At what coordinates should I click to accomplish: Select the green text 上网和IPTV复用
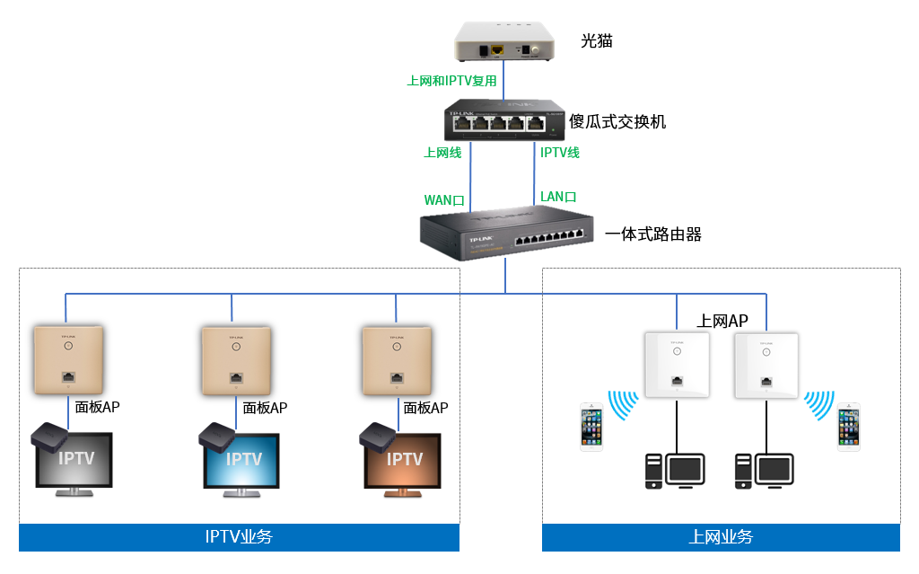click(451, 81)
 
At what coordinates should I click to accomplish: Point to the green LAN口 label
click(558, 197)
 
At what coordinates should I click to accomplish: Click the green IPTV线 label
click(560, 153)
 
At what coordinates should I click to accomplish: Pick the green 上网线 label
click(442, 153)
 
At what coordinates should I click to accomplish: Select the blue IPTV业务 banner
click(239, 537)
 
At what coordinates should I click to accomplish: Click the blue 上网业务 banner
click(721, 537)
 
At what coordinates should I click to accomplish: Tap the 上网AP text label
click(722, 322)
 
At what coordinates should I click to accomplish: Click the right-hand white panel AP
click(766, 365)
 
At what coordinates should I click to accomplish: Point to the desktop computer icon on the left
click(674, 471)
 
